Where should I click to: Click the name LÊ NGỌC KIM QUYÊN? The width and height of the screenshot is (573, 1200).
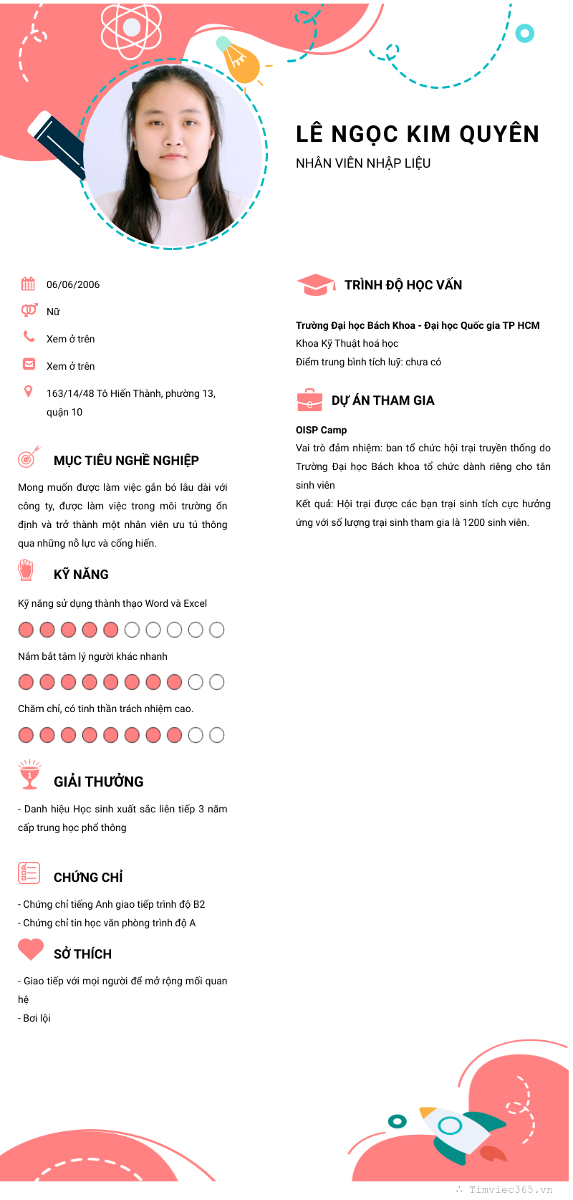417,134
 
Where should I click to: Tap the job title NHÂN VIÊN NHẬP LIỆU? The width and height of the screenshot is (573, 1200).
363,163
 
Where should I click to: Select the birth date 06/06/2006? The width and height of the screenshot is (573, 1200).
73,284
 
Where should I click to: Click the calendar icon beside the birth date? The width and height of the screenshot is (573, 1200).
28,284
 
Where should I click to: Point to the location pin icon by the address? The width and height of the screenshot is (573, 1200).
28,391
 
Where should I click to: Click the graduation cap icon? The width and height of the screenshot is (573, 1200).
315,285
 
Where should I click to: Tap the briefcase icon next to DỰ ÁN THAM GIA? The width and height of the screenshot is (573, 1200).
309,400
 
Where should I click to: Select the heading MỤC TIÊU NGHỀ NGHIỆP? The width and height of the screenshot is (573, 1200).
126,461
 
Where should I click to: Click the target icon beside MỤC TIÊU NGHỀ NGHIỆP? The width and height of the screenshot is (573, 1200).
28,456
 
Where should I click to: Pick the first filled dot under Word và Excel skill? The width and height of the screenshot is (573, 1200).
26,630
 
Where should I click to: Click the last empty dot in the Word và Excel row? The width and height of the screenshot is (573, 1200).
216,630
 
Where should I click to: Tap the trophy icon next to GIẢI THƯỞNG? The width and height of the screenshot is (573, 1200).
29,774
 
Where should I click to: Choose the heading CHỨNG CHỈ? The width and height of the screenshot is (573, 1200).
88,878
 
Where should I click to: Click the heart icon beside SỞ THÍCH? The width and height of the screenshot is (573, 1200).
31,949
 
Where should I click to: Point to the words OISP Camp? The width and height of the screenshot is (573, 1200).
321,430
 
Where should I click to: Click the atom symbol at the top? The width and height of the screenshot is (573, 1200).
132,29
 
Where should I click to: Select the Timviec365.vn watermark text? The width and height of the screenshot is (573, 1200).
510,1189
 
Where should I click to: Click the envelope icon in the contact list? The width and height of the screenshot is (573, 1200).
29,364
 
